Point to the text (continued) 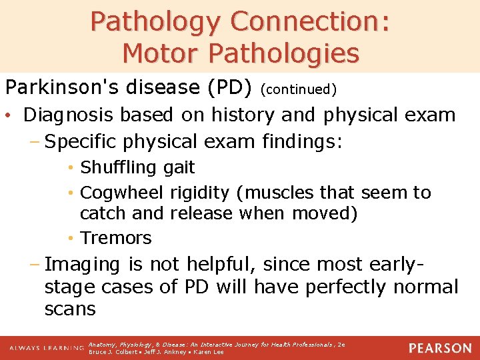coord(299,89)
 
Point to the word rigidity coord(199,193)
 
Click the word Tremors coord(116,237)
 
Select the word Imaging coord(83,264)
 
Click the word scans coord(70,309)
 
